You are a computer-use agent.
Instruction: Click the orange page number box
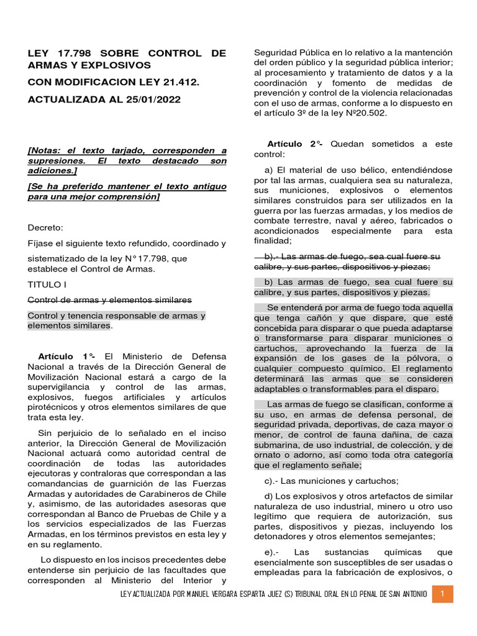(443, 594)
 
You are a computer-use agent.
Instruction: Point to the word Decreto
(45, 227)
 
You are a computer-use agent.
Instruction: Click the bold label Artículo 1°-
(67, 356)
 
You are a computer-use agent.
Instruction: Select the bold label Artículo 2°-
(295, 143)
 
